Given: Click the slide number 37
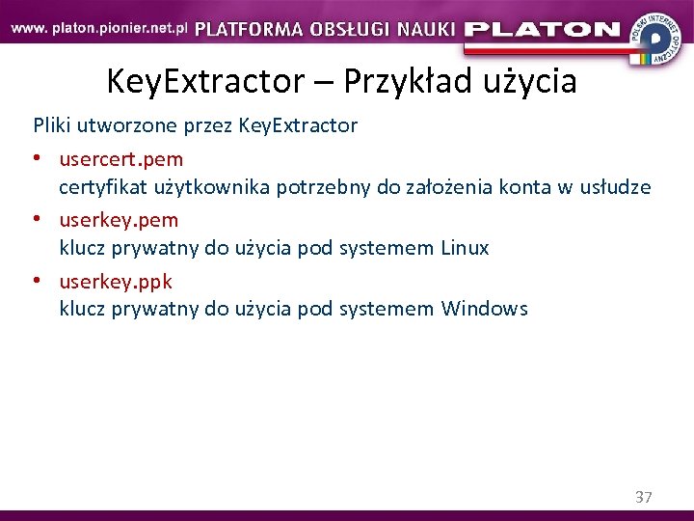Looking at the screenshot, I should click(643, 498).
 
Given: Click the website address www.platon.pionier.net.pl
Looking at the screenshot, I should click(99, 28).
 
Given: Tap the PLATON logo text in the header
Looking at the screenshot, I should click(542, 29).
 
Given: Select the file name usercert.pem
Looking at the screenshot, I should click(120, 158).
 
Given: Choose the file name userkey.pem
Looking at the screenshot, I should click(119, 220).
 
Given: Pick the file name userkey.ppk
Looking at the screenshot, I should click(116, 282).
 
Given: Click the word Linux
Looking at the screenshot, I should click(465, 248).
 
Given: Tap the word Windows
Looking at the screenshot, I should click(484, 310).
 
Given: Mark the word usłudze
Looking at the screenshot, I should click(614, 187).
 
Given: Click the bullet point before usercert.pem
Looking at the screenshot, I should click(40, 158).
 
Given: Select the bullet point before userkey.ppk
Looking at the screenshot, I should click(40, 282).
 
